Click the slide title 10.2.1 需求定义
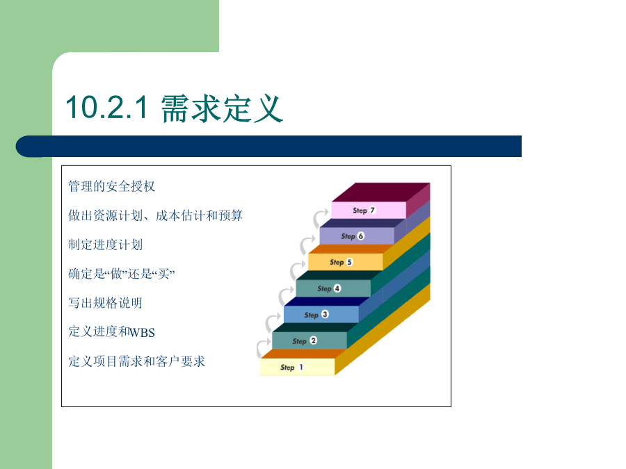point(174,108)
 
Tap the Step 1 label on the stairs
point(292,368)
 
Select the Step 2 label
point(304,341)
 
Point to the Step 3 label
point(316,315)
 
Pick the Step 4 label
point(329,288)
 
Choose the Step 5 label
point(341,262)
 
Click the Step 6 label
point(353,236)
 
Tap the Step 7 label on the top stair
point(364,210)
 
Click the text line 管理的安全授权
point(111,186)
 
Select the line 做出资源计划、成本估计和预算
point(155,215)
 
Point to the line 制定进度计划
point(106,245)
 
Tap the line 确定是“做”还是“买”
point(121,274)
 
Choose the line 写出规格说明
point(105,303)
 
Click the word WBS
point(142,333)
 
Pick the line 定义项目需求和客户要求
point(136,361)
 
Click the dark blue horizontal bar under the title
point(268,147)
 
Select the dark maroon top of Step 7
point(380,192)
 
